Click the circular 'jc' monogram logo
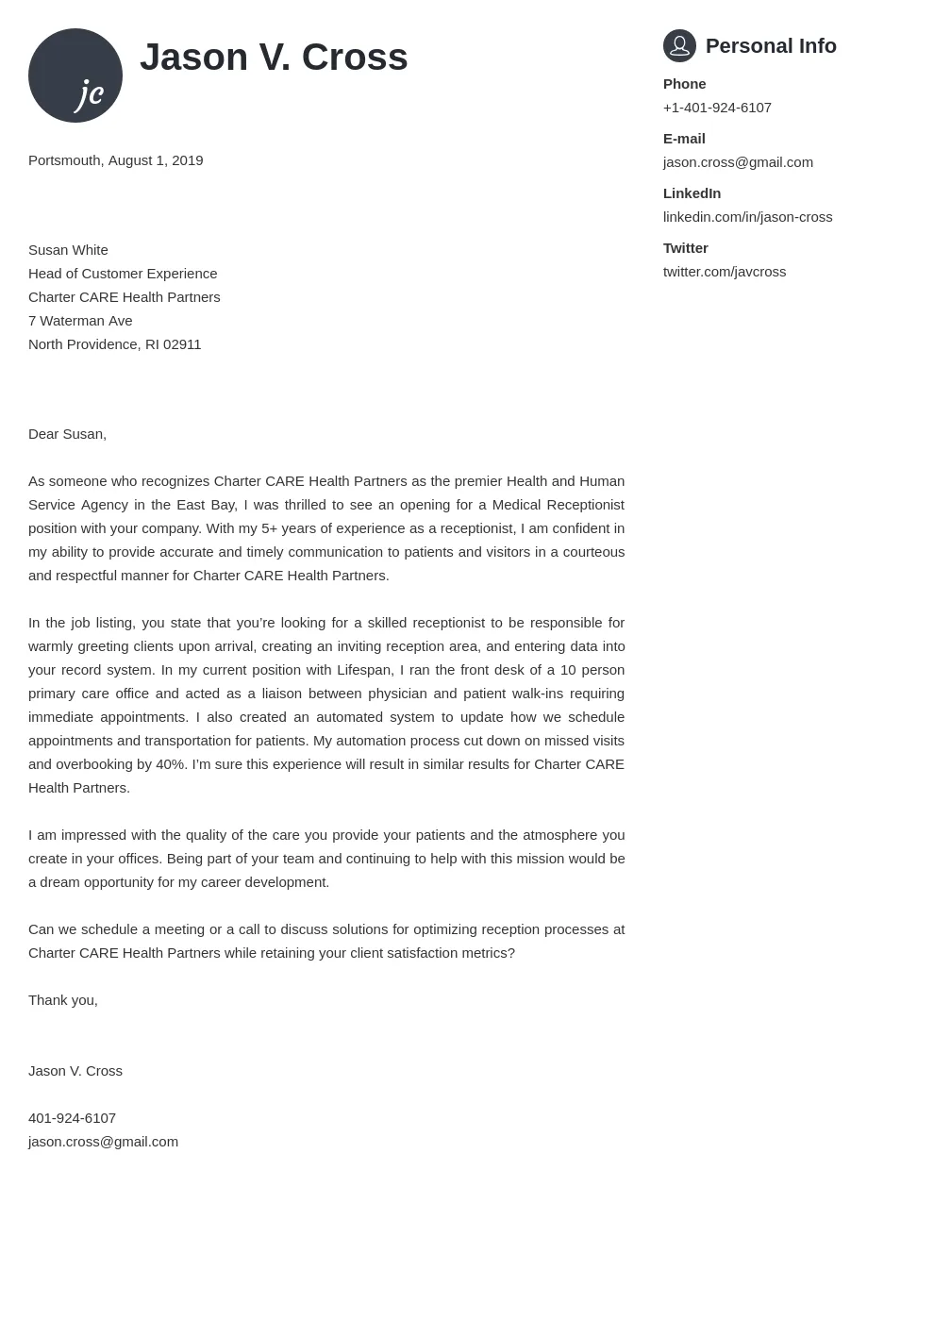pos(75,75)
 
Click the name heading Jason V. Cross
pos(274,58)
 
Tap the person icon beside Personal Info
pos(679,45)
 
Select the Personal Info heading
pos(771,46)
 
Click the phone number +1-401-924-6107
pos(717,108)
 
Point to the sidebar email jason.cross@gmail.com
pos(738,162)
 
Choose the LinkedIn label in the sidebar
pos(692,193)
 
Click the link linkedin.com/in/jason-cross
pos(747,217)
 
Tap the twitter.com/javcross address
pos(724,272)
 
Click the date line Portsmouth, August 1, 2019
pos(115,160)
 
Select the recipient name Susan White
pos(68,250)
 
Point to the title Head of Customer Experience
pos(123,274)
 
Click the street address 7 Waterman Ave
pos(80,321)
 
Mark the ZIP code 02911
pos(182,344)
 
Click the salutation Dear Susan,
pos(67,434)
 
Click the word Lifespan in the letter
pos(365,670)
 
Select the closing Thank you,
pos(63,1000)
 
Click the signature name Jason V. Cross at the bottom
pos(75,1071)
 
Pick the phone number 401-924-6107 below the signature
pos(72,1118)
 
